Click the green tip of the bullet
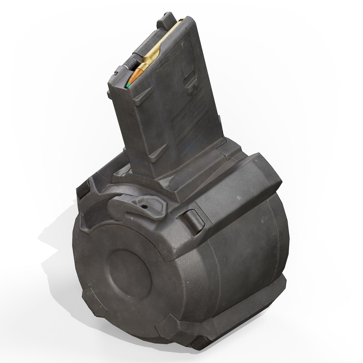pos(128,85)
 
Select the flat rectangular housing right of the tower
pos(229,188)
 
